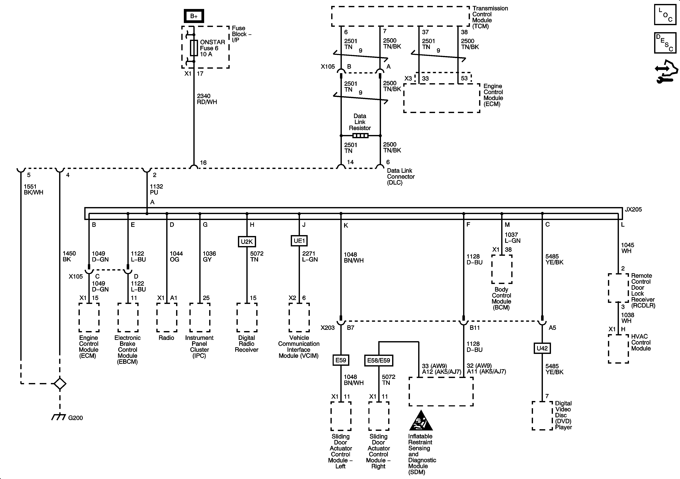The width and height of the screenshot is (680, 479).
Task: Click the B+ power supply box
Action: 194,16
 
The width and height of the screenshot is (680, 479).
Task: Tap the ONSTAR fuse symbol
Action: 194,48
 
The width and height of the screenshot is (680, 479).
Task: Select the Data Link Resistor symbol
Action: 360,136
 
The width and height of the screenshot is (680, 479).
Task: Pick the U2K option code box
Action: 247,241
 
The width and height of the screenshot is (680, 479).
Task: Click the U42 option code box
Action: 542,348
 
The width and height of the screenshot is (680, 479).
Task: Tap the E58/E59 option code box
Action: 378,360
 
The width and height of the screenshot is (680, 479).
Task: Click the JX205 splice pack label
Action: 633,209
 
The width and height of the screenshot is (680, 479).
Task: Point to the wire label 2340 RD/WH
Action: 207,99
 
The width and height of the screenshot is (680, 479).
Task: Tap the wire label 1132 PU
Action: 156,189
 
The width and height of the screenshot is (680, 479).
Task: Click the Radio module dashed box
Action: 167,317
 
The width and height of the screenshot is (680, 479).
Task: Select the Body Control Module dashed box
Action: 502,269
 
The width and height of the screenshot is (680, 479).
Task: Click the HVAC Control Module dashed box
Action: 618,349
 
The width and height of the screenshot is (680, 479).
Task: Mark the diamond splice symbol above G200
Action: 60,384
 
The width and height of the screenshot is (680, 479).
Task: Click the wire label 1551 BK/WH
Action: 33,189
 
